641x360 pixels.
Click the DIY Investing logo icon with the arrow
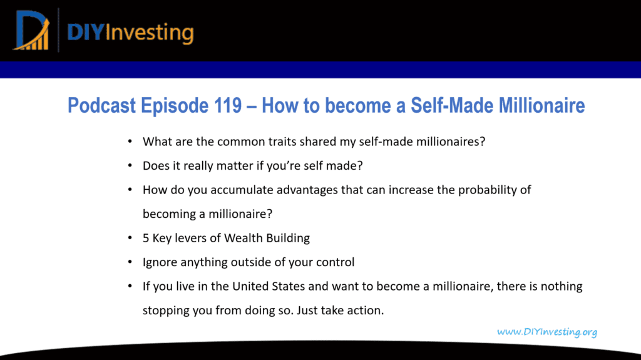point(31,31)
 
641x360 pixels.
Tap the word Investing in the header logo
point(149,33)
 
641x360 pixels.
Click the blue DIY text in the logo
point(85,33)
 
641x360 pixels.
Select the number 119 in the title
point(228,105)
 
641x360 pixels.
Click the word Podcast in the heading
point(101,105)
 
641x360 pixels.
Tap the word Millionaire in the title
point(541,105)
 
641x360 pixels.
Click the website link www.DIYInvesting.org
point(547,332)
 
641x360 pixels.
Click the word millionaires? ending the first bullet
point(451,141)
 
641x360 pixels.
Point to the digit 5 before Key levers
point(145,238)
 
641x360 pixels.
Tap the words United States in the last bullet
point(269,286)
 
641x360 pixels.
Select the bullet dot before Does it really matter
point(130,166)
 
